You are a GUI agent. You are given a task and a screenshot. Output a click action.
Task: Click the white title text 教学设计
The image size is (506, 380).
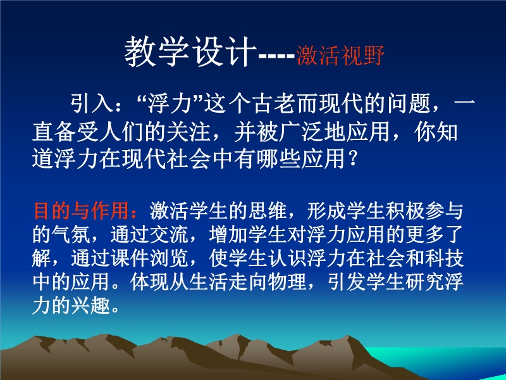[x=190, y=52]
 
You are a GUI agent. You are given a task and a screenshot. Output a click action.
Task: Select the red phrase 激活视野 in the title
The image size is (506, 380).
[x=340, y=55]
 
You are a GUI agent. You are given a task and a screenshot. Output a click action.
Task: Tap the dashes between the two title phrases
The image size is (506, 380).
[x=277, y=56]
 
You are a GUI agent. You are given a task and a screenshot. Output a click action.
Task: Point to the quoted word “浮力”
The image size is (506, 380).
[x=171, y=103]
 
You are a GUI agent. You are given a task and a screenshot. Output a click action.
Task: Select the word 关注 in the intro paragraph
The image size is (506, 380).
[x=188, y=132]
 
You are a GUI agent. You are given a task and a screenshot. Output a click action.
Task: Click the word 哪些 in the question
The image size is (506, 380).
[x=278, y=159]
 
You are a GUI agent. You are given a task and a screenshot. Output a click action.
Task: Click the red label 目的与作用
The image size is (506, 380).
[x=82, y=211]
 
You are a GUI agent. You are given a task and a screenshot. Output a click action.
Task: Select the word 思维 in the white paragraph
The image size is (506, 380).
[x=268, y=211]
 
